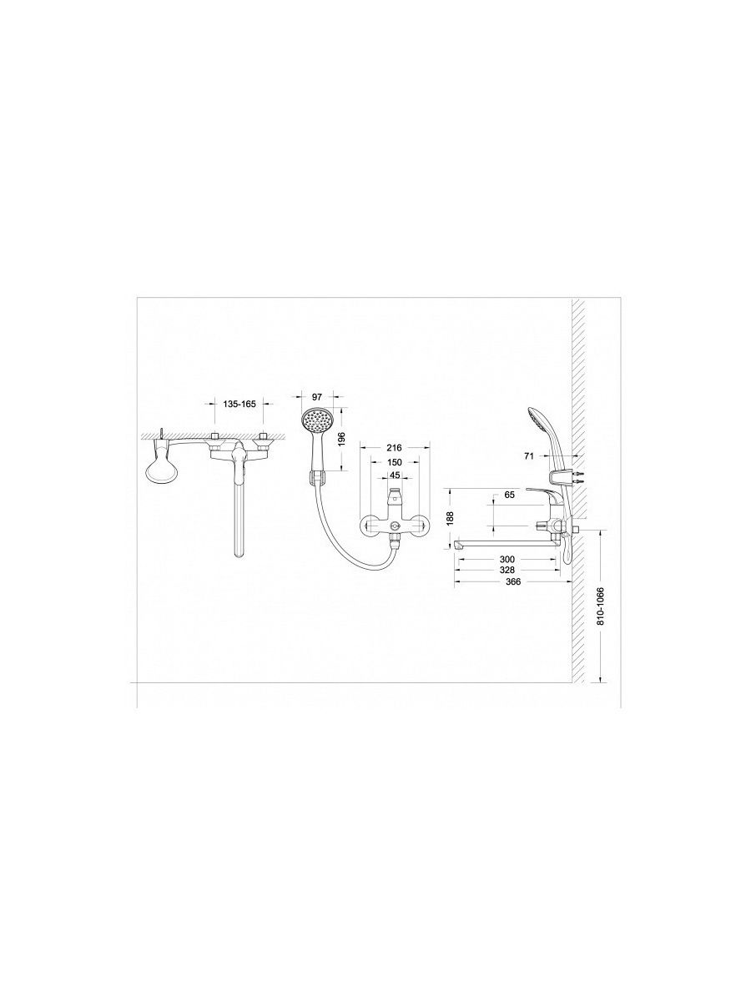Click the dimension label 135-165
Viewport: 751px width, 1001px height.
(x=239, y=404)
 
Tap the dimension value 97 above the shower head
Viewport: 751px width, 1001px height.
(x=317, y=397)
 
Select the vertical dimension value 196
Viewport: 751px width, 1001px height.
(x=343, y=438)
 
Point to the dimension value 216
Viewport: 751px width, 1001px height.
(x=394, y=448)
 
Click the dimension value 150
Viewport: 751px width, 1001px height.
(x=395, y=462)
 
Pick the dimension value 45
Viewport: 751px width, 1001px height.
(x=396, y=475)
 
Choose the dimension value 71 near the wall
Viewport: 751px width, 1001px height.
(x=529, y=455)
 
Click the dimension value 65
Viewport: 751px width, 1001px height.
(x=510, y=495)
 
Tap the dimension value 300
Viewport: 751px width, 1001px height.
(x=507, y=560)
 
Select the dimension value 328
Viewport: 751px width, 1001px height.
(x=507, y=570)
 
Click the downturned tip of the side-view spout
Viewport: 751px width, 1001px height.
(x=458, y=544)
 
